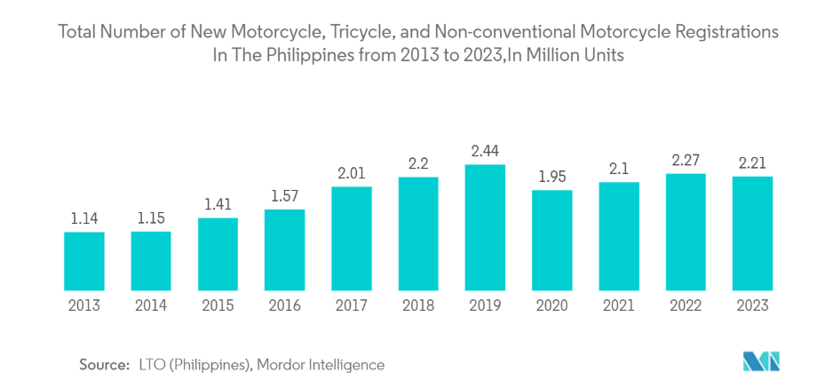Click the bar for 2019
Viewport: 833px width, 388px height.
(x=485, y=227)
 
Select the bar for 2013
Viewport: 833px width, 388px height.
(x=83, y=261)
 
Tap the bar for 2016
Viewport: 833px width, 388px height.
(x=284, y=249)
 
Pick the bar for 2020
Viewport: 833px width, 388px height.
(x=551, y=240)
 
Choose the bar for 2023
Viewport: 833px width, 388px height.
(x=752, y=233)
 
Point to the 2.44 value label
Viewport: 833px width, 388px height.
(x=485, y=151)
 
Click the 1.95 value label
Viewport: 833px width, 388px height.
(x=551, y=176)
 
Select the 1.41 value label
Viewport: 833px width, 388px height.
(x=218, y=203)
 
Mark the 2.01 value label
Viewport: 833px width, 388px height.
(x=351, y=172)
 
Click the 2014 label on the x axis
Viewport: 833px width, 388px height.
(x=151, y=305)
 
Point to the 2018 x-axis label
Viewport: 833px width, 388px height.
(x=418, y=305)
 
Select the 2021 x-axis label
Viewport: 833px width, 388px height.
(x=619, y=305)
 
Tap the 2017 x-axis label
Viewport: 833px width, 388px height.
(x=351, y=305)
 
